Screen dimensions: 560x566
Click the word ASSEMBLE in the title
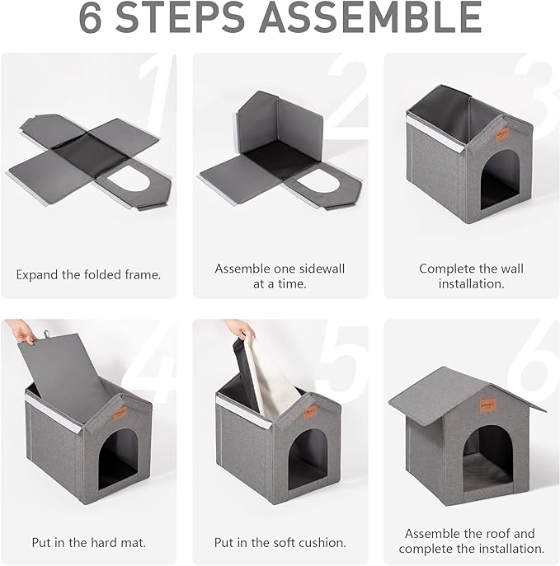pyautogui.click(x=370, y=16)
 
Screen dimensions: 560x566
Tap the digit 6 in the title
pyautogui.click(x=91, y=16)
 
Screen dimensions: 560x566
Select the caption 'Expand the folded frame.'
pyautogui.click(x=88, y=274)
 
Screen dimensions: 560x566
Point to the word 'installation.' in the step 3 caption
pyautogui.click(x=471, y=283)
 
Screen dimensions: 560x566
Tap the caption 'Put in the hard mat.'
pyautogui.click(x=89, y=542)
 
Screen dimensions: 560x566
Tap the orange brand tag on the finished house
pyautogui.click(x=488, y=405)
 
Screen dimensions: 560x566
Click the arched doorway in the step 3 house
pyautogui.click(x=499, y=179)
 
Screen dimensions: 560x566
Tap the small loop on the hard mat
pyautogui.click(x=47, y=334)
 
